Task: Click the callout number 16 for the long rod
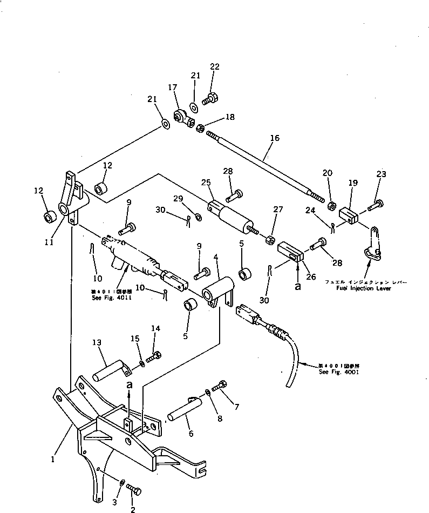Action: click(x=274, y=138)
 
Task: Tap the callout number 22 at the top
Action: click(x=214, y=66)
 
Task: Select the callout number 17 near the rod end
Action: click(x=172, y=87)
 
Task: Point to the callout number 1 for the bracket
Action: click(x=53, y=460)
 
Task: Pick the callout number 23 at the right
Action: click(x=381, y=174)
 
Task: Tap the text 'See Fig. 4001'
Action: click(x=338, y=372)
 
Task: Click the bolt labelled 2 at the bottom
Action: click(x=134, y=490)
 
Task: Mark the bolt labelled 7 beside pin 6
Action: click(x=221, y=387)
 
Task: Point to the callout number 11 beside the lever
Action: click(x=49, y=243)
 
